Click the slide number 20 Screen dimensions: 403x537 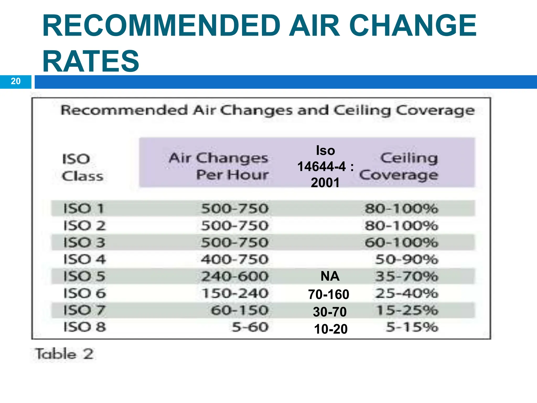[x=16, y=81]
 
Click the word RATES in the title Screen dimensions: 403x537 [x=91, y=61]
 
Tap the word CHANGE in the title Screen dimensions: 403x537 [x=413, y=26]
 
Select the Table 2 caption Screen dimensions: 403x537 [x=65, y=354]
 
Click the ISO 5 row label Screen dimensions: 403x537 [x=84, y=276]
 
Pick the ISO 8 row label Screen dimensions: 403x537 [x=85, y=327]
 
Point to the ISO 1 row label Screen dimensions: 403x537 [x=84, y=209]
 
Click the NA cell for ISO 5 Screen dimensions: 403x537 [x=330, y=276]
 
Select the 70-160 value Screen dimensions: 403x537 [x=329, y=294]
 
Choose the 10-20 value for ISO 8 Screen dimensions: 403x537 [x=331, y=329]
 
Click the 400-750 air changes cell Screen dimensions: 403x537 [x=235, y=259]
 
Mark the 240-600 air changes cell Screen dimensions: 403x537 [x=235, y=276]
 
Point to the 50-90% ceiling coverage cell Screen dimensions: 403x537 [x=407, y=259]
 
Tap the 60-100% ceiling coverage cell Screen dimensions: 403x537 [x=401, y=242]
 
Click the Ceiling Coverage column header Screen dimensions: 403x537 [x=399, y=166]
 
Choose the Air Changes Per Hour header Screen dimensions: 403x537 [x=219, y=166]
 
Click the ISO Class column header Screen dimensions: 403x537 [x=82, y=167]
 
